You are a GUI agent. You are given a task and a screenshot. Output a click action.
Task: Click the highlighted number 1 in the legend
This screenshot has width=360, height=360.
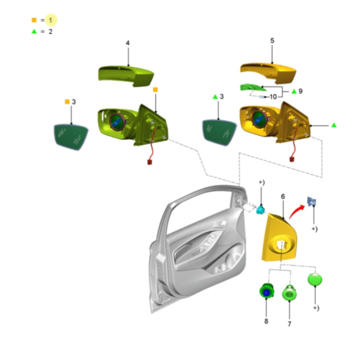pyautogui.click(x=51, y=20)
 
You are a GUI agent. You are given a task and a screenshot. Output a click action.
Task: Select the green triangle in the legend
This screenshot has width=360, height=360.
pyautogui.click(x=34, y=31)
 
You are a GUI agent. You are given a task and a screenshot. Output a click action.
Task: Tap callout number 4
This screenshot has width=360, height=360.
pyautogui.click(x=127, y=43)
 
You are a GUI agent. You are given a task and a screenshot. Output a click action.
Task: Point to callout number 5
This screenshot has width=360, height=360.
pyautogui.click(x=272, y=40)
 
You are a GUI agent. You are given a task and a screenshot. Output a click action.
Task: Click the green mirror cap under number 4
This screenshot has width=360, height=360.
pyautogui.click(x=126, y=76)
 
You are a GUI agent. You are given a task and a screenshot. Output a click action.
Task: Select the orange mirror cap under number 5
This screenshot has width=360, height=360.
pyautogui.click(x=268, y=73)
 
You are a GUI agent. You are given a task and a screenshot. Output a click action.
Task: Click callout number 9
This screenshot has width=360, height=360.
pyautogui.click(x=300, y=91)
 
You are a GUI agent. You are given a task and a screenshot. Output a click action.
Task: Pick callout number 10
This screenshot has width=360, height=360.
pyautogui.click(x=273, y=97)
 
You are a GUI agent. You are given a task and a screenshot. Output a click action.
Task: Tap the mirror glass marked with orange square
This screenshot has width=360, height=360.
pyautogui.click(x=71, y=137)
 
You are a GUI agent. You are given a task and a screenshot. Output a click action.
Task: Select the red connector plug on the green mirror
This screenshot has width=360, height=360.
pyautogui.click(x=150, y=162)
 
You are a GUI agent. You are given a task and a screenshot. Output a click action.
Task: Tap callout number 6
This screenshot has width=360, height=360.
pyautogui.click(x=283, y=196)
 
